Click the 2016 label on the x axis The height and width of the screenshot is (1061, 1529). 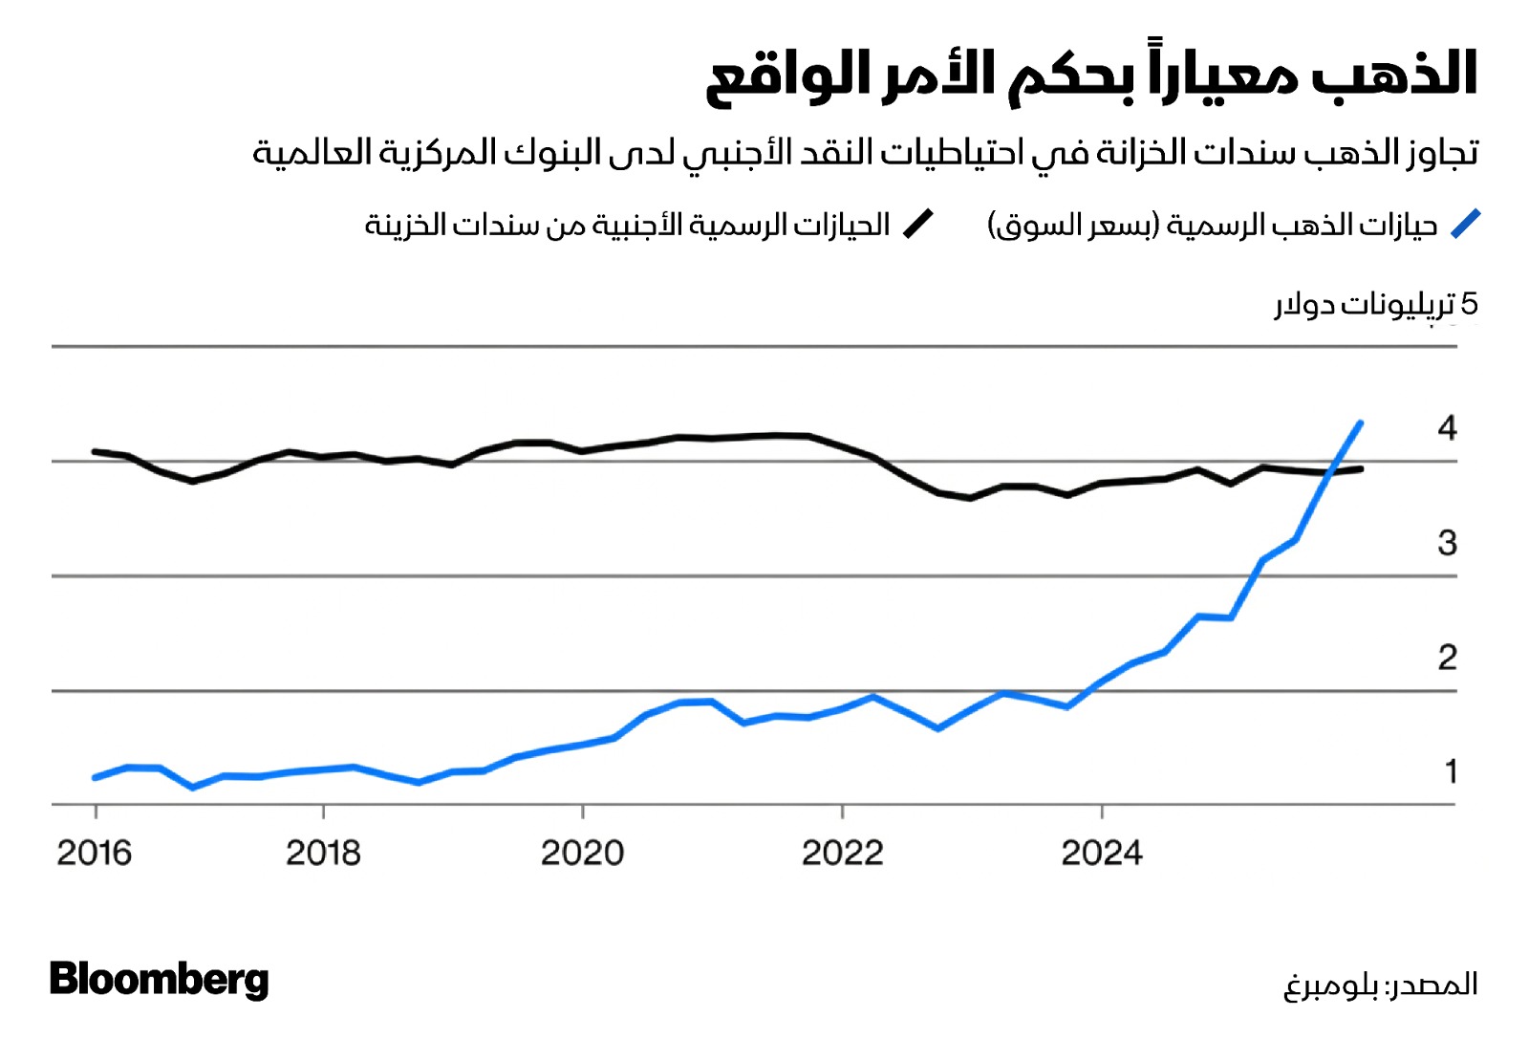(x=94, y=853)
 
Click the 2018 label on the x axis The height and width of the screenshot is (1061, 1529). (x=323, y=853)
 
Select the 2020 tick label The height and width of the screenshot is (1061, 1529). (x=582, y=853)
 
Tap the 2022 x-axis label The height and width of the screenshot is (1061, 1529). (x=842, y=853)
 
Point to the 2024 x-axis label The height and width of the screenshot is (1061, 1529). (x=1101, y=853)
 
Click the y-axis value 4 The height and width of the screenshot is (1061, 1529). (x=1447, y=428)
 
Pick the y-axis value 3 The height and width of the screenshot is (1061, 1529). (x=1447, y=543)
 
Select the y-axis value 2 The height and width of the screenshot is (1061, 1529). (x=1447, y=658)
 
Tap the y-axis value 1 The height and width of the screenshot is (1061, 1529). (x=1451, y=771)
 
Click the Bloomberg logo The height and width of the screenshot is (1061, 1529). (x=159, y=980)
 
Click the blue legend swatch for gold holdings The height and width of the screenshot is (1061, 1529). (x=1465, y=225)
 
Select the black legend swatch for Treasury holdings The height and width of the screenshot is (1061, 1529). (x=918, y=225)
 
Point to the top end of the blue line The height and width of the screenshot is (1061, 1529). (x=1360, y=422)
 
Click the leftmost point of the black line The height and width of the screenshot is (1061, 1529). (x=94, y=451)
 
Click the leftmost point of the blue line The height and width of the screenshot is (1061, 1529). (x=94, y=778)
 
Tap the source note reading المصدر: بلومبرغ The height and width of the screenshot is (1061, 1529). (x=1380, y=985)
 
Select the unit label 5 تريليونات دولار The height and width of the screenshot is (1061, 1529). (x=1376, y=305)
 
